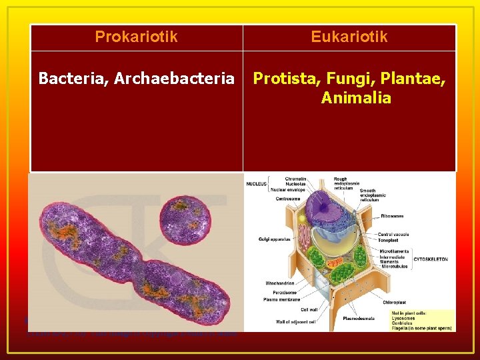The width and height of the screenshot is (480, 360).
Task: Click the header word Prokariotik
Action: coord(136,37)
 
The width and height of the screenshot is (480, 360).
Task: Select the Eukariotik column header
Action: coord(349,37)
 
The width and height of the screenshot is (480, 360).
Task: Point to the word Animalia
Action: coord(355,98)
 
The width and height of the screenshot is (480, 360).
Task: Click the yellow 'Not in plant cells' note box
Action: coord(427,319)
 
